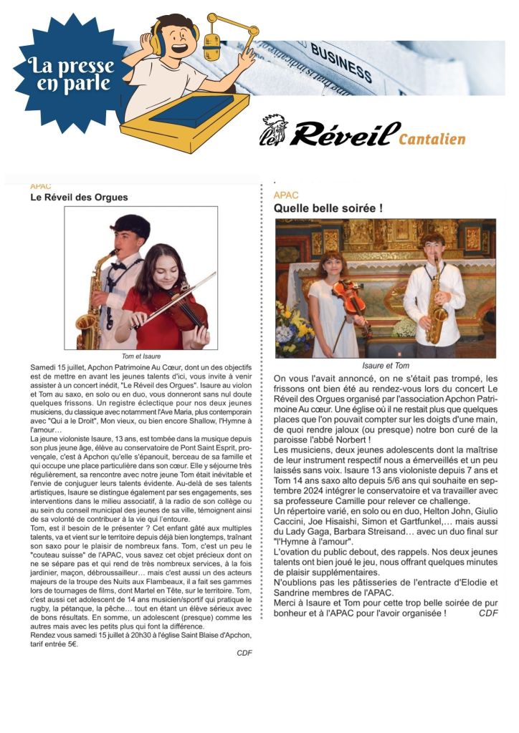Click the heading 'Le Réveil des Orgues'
click(x=79, y=197)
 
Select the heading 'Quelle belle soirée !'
click(x=328, y=208)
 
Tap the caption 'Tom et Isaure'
click(x=141, y=356)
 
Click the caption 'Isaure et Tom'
click(x=386, y=365)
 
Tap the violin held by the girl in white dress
click(x=350, y=297)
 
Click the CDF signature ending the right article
click(x=488, y=613)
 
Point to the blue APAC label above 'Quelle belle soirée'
click(x=286, y=195)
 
